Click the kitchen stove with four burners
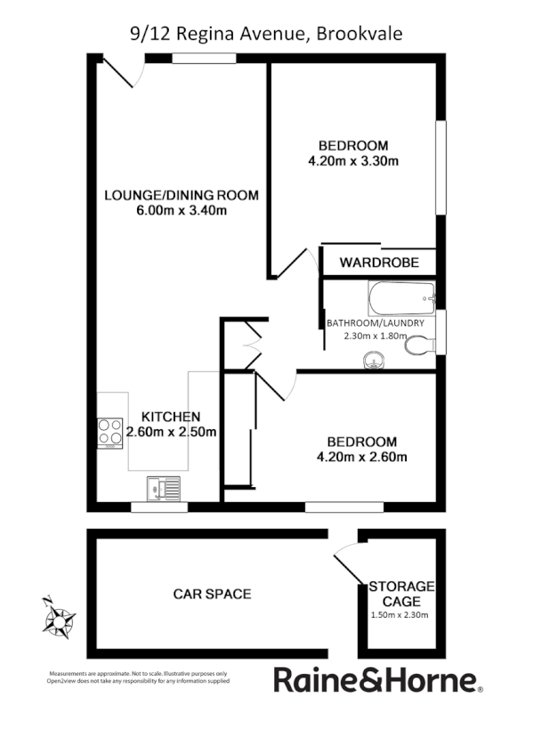point(109,433)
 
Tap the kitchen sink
point(164,488)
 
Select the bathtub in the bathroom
point(400,295)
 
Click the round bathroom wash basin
point(372,360)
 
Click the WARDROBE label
point(378,264)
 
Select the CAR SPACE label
point(212,594)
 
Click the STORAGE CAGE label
point(401,593)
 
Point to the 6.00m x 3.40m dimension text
point(181,211)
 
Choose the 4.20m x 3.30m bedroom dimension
point(352,161)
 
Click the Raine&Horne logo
point(377,681)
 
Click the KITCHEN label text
point(171,416)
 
